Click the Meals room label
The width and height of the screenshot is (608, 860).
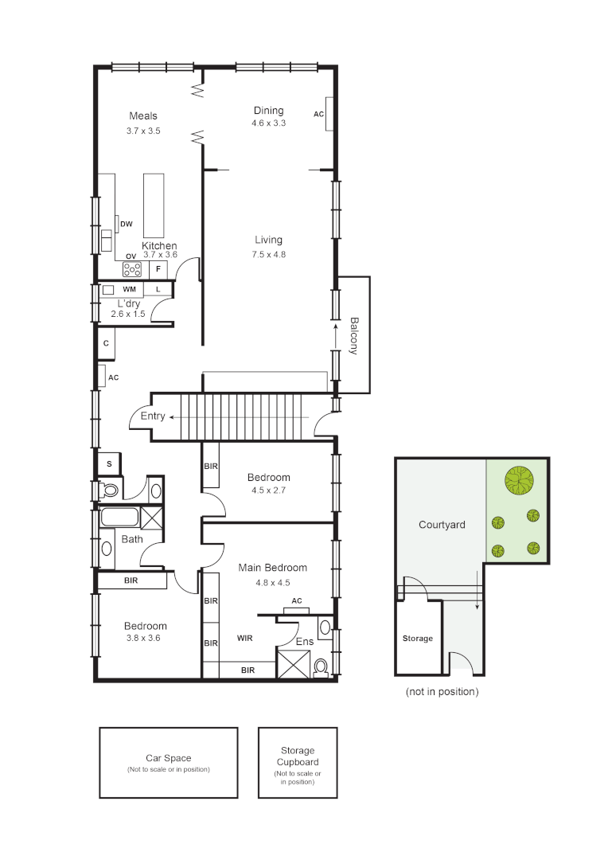tap(143, 116)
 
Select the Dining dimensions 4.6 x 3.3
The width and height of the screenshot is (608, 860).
tap(268, 123)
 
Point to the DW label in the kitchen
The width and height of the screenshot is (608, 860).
tap(126, 225)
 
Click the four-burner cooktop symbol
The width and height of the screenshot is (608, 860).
tap(132, 270)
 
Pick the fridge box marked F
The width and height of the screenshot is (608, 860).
tap(158, 269)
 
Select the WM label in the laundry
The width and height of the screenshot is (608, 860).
tap(129, 289)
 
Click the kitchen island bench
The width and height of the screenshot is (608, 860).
tap(153, 205)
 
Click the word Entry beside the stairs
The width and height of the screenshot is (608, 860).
tap(153, 416)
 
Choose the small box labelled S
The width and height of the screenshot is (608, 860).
tap(108, 463)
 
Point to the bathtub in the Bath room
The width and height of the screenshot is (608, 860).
tap(120, 518)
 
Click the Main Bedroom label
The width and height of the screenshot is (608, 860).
tap(273, 568)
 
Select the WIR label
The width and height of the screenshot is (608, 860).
tap(245, 638)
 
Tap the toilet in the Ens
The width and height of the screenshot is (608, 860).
tap(322, 666)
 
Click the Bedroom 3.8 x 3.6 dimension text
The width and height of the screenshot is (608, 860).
tap(145, 638)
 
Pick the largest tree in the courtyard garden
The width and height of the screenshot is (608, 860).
tap(519, 480)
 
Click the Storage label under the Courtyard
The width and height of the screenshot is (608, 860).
tap(418, 639)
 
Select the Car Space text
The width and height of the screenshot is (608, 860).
tap(168, 758)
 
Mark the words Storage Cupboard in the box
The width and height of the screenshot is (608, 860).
tap(298, 756)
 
